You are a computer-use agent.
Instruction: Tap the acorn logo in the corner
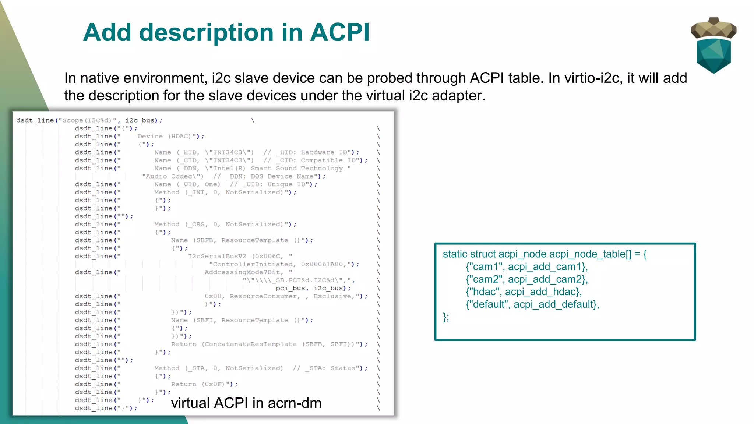click(714, 45)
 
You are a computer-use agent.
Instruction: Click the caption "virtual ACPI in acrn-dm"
click(246, 403)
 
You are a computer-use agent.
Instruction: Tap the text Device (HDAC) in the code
click(165, 136)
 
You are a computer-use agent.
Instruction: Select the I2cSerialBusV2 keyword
click(217, 256)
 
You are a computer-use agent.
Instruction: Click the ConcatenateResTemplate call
click(250, 344)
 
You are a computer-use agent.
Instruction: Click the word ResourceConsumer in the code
click(264, 296)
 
